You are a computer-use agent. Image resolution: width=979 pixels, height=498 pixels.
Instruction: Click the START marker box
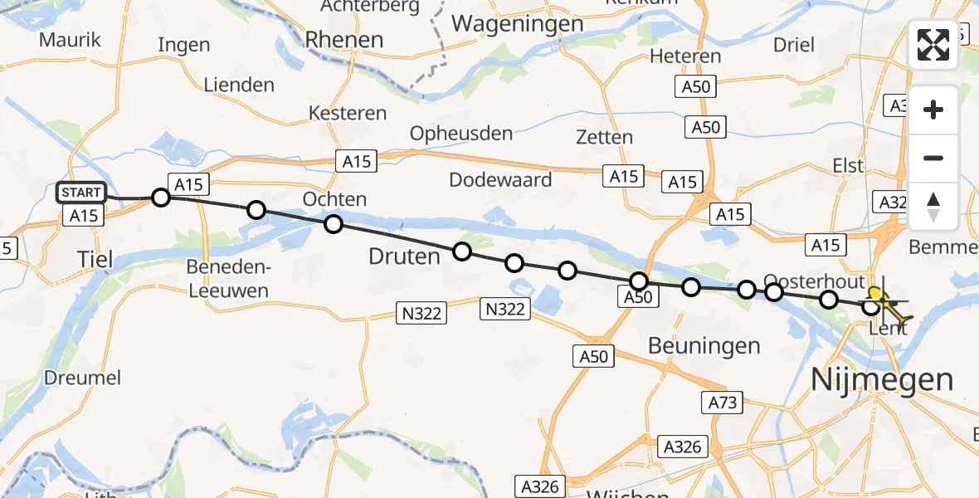[81, 193]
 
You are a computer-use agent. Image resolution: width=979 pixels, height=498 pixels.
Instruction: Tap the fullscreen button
[933, 45]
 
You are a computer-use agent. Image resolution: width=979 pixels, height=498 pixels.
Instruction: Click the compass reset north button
[933, 207]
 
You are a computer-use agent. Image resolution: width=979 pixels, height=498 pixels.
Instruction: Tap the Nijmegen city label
[882, 380]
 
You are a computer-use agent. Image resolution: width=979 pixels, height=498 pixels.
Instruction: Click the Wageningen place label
[518, 24]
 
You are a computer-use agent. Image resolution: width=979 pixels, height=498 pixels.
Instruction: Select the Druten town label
[404, 256]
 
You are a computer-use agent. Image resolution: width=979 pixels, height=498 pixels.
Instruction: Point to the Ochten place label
[334, 199]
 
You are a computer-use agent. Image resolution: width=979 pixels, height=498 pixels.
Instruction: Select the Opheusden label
[461, 133]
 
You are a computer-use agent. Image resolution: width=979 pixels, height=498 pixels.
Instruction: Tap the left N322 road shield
[421, 313]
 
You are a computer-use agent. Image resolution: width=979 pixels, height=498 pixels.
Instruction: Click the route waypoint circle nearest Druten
[461, 251]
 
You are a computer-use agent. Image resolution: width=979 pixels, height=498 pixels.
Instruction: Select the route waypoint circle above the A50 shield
[638, 281]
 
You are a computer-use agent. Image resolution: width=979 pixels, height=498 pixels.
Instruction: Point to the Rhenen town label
[344, 39]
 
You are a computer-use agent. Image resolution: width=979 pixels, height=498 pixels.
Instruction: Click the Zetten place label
[604, 137]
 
